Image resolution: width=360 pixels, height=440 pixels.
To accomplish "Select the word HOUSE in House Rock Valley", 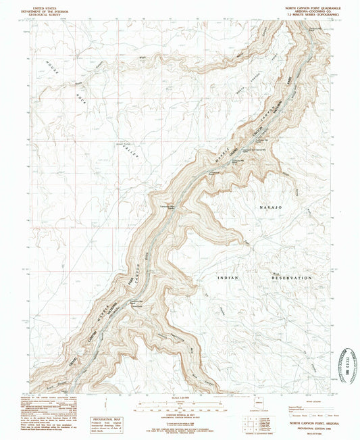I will point(48,60).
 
